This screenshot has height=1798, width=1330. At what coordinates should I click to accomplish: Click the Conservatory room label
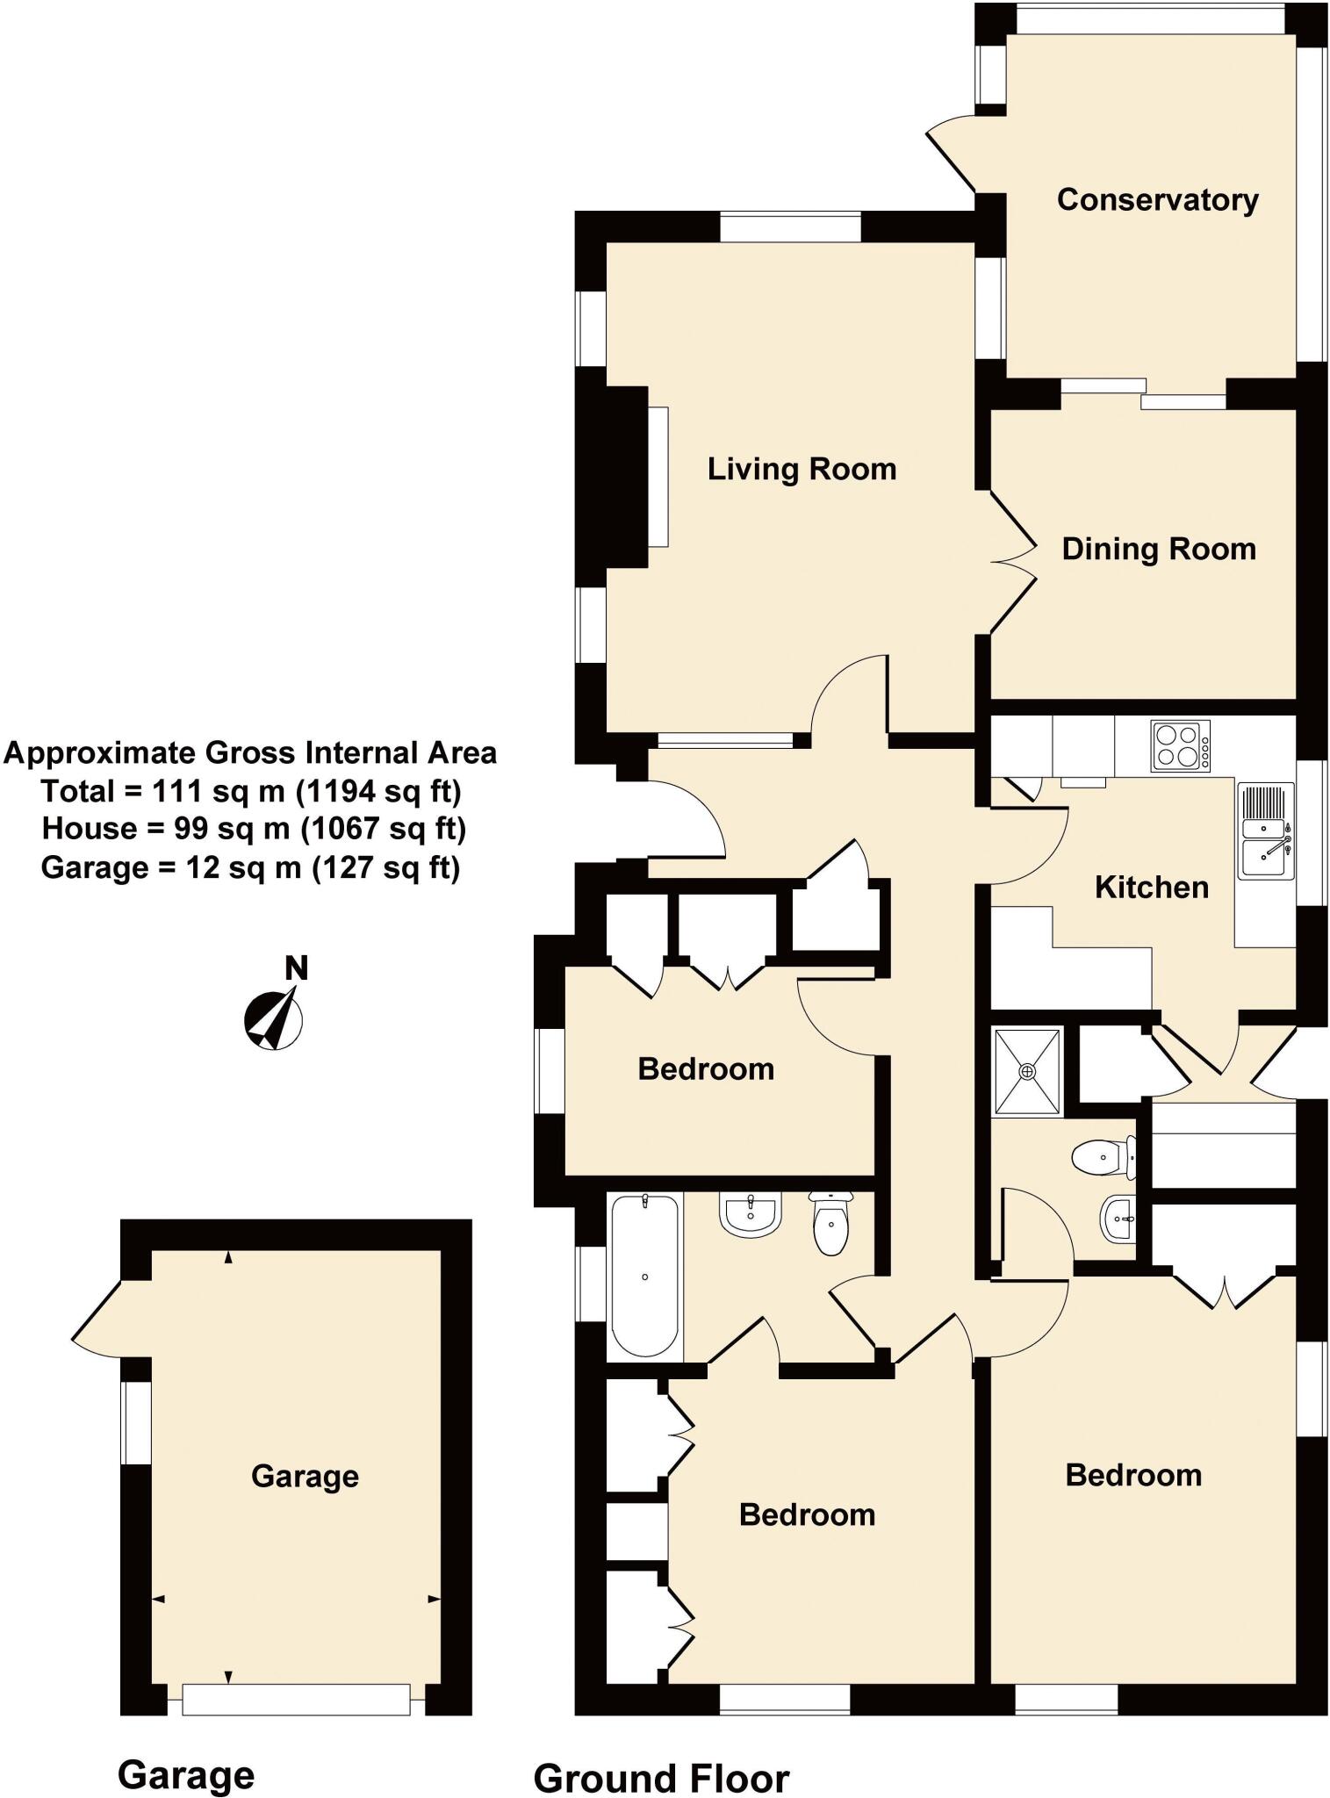(x=1157, y=200)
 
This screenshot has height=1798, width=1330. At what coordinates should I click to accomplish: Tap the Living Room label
(x=802, y=470)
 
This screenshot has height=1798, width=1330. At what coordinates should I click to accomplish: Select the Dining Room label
(x=1159, y=550)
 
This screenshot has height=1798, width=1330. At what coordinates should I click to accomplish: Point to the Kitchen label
(x=1152, y=888)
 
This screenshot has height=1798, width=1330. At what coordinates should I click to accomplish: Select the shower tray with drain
(x=1027, y=1072)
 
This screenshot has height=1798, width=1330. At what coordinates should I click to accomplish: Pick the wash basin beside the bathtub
(x=751, y=1216)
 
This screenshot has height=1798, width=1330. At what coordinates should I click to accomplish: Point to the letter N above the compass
(x=297, y=968)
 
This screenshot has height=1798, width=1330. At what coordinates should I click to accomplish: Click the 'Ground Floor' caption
(x=661, y=1773)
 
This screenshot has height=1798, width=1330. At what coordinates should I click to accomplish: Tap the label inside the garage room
(x=305, y=1476)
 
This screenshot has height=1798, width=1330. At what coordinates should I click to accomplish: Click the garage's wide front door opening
(x=296, y=1700)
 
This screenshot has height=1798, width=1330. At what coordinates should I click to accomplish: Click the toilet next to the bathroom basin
(x=830, y=1223)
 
